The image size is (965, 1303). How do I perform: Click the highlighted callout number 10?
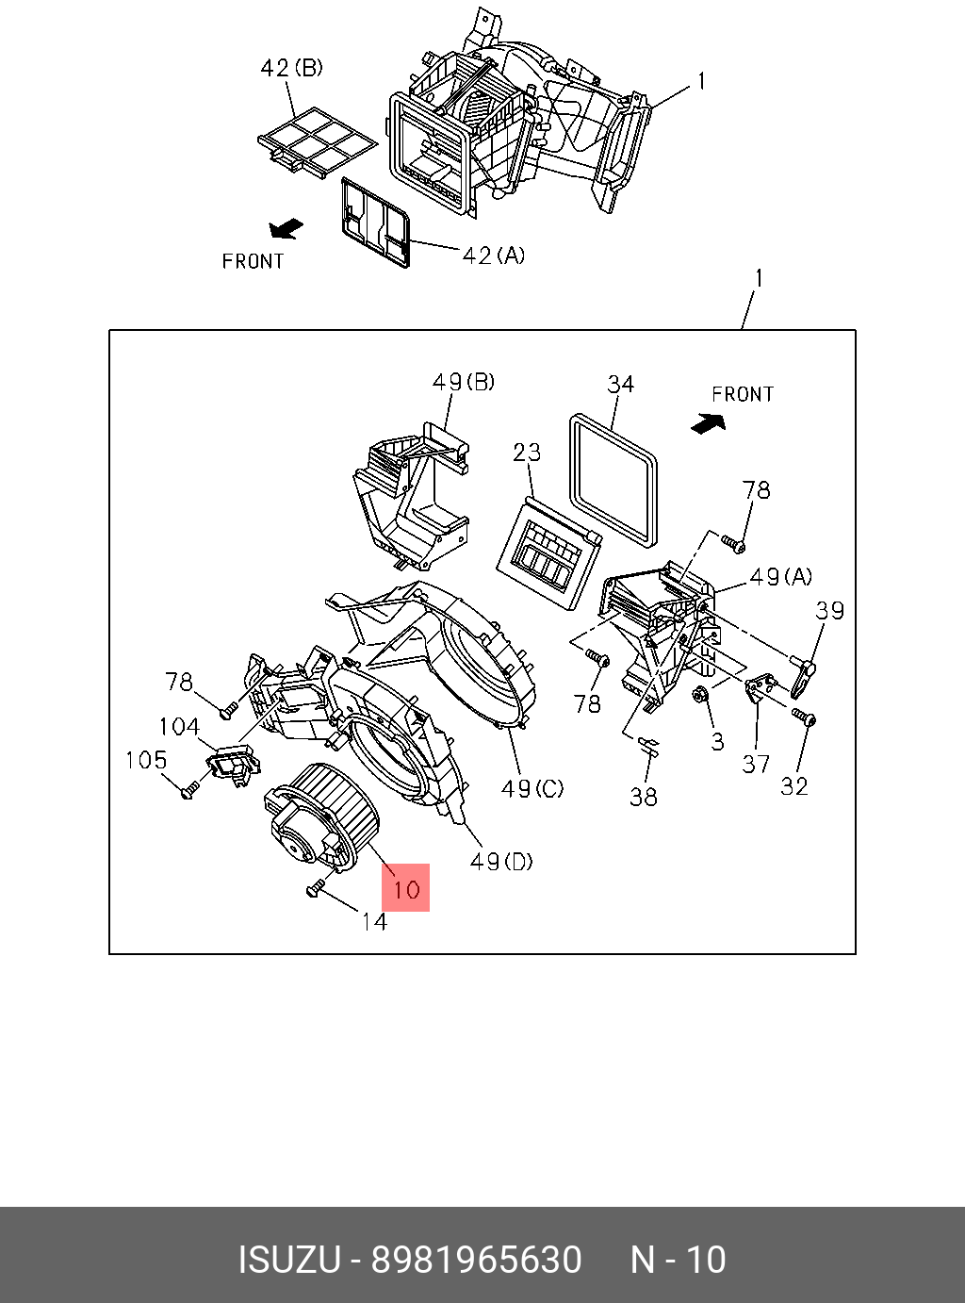[406, 888]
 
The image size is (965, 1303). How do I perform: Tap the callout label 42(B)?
[291, 69]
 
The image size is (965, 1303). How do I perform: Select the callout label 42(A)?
[494, 256]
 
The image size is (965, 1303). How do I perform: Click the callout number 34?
[620, 385]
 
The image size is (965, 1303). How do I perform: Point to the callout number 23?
[528, 453]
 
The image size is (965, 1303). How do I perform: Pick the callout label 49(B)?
[464, 382]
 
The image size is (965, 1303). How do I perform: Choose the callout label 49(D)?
[501, 861]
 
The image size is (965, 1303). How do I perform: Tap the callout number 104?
[179, 726]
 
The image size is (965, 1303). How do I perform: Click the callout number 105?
[146, 760]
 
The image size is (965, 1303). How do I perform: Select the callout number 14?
[374, 921]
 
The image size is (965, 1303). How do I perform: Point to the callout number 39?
[829, 610]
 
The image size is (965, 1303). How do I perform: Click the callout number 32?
[794, 786]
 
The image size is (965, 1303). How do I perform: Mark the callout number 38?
[644, 798]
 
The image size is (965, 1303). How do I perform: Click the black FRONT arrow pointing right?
[708, 423]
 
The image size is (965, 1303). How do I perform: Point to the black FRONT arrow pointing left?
[286, 228]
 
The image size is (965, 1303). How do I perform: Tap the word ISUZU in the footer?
[288, 1260]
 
